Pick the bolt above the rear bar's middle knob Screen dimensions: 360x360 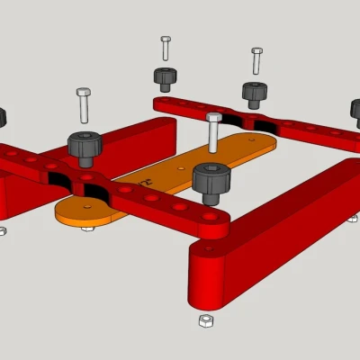pos(257,60)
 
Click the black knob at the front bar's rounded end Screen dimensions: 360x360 pos(211,183)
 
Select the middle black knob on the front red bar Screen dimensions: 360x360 pos(85,147)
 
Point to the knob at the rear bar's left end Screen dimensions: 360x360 pos(165,79)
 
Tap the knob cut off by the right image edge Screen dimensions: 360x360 pos(355,112)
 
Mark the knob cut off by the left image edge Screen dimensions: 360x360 pos(2,117)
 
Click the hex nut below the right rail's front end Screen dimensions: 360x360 pos(205,320)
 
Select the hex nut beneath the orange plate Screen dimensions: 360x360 pos(87,228)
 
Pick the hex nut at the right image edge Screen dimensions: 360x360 pos(353,218)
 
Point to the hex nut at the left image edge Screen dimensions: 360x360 pos(3,230)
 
